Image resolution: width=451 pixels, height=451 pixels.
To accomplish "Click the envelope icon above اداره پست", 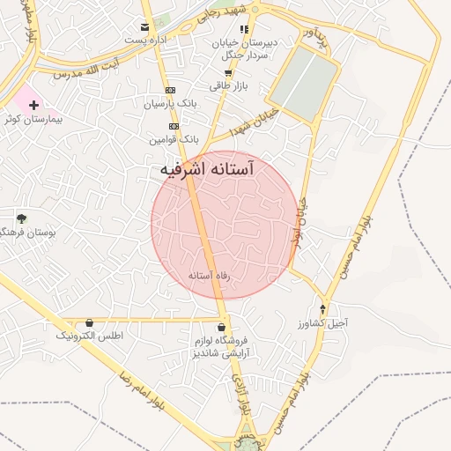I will pyautogui.click(x=144, y=27).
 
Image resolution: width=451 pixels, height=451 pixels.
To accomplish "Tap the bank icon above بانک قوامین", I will pyautogui.click(x=174, y=126).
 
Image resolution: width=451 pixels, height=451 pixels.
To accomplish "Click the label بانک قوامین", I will pyautogui.click(x=174, y=139).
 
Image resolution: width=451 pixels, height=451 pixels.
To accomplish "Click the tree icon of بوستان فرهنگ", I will pyautogui.click(x=21, y=218).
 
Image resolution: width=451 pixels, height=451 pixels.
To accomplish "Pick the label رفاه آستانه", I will pyautogui.click(x=210, y=276).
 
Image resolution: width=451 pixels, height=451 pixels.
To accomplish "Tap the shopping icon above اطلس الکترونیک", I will pyautogui.click(x=91, y=323).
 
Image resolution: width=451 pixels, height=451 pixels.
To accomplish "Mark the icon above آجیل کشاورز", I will pyautogui.click(x=322, y=309).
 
